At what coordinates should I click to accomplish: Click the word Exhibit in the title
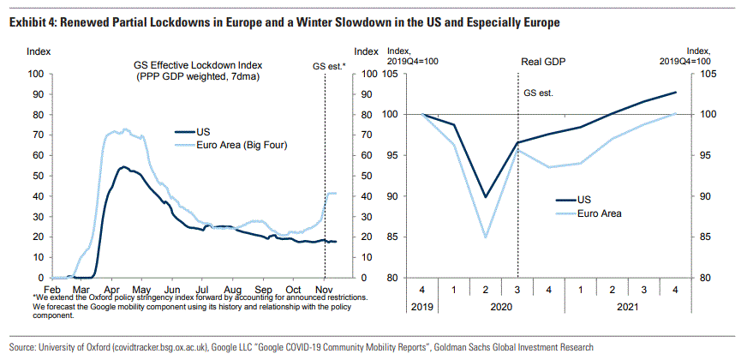tap(28, 21)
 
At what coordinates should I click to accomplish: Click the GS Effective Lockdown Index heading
tap(197, 65)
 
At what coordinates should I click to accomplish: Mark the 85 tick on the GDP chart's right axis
tap(702, 237)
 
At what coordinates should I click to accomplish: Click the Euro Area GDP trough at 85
tap(486, 237)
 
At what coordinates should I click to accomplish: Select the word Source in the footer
tap(25, 347)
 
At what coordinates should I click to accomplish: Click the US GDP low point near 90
tap(486, 197)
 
